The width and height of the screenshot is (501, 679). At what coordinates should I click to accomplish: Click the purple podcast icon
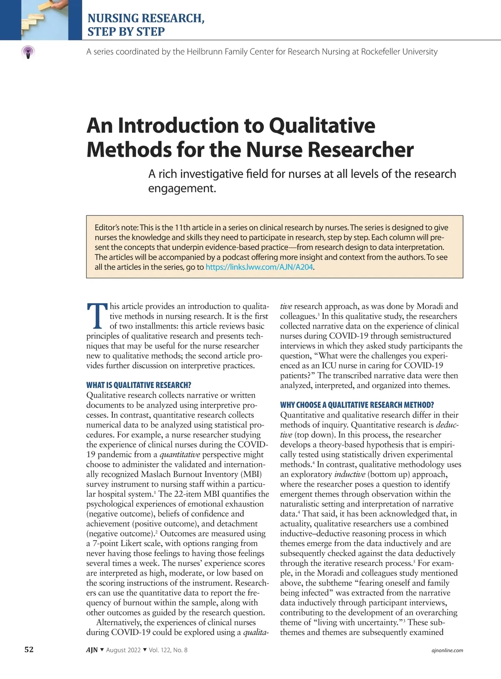point(28,52)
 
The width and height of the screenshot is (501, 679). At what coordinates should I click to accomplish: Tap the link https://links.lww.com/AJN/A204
point(259,267)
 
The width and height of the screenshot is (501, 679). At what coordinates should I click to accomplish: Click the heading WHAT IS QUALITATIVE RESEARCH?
point(139,385)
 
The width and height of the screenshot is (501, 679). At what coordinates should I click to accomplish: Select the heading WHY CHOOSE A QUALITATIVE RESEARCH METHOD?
point(357,405)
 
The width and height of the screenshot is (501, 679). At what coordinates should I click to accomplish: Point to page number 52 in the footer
point(29,650)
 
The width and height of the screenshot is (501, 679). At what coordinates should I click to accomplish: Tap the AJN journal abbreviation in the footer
point(92,650)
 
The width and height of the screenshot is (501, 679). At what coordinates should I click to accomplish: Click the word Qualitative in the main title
point(322,125)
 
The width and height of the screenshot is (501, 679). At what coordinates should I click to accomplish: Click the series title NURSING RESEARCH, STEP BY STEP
point(146,25)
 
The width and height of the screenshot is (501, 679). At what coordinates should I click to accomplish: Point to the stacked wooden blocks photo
point(41,20)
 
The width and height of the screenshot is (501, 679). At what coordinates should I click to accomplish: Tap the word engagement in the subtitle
point(182,188)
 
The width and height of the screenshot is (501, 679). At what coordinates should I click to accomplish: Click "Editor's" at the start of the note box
point(107,228)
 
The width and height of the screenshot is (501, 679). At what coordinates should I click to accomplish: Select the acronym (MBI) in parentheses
point(251,474)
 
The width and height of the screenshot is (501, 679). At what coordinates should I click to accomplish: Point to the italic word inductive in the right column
point(350,474)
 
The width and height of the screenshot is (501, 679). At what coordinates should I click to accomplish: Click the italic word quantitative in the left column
point(180,454)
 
